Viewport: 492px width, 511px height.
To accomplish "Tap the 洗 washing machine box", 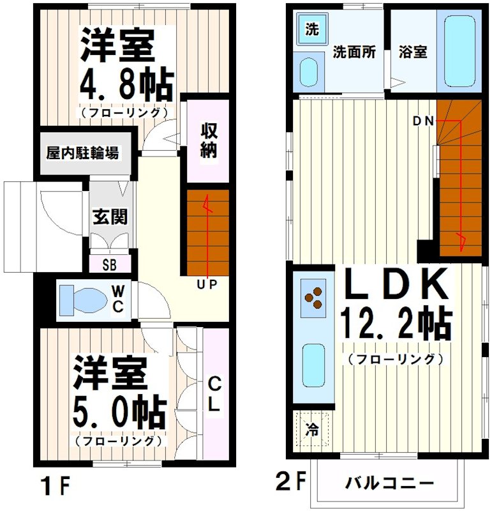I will click(x=311, y=29).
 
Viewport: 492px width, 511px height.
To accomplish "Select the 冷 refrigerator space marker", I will click(x=313, y=428).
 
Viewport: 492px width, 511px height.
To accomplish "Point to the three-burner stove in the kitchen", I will click(x=314, y=298).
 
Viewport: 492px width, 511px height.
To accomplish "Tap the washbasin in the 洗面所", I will click(x=310, y=71).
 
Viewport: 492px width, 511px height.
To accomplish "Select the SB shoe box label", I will click(x=110, y=264).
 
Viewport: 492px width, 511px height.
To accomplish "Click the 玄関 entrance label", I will click(x=110, y=217).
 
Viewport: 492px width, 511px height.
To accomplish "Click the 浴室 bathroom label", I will click(x=413, y=53).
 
